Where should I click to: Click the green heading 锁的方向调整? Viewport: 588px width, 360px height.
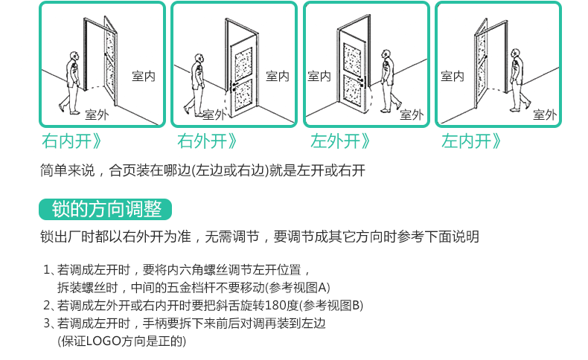106,210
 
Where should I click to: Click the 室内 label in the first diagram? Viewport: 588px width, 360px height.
143,76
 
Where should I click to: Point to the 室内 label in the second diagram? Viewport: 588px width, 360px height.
278,76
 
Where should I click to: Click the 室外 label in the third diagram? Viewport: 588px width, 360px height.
411,115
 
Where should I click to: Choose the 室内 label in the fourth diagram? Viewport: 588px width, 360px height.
452,76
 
